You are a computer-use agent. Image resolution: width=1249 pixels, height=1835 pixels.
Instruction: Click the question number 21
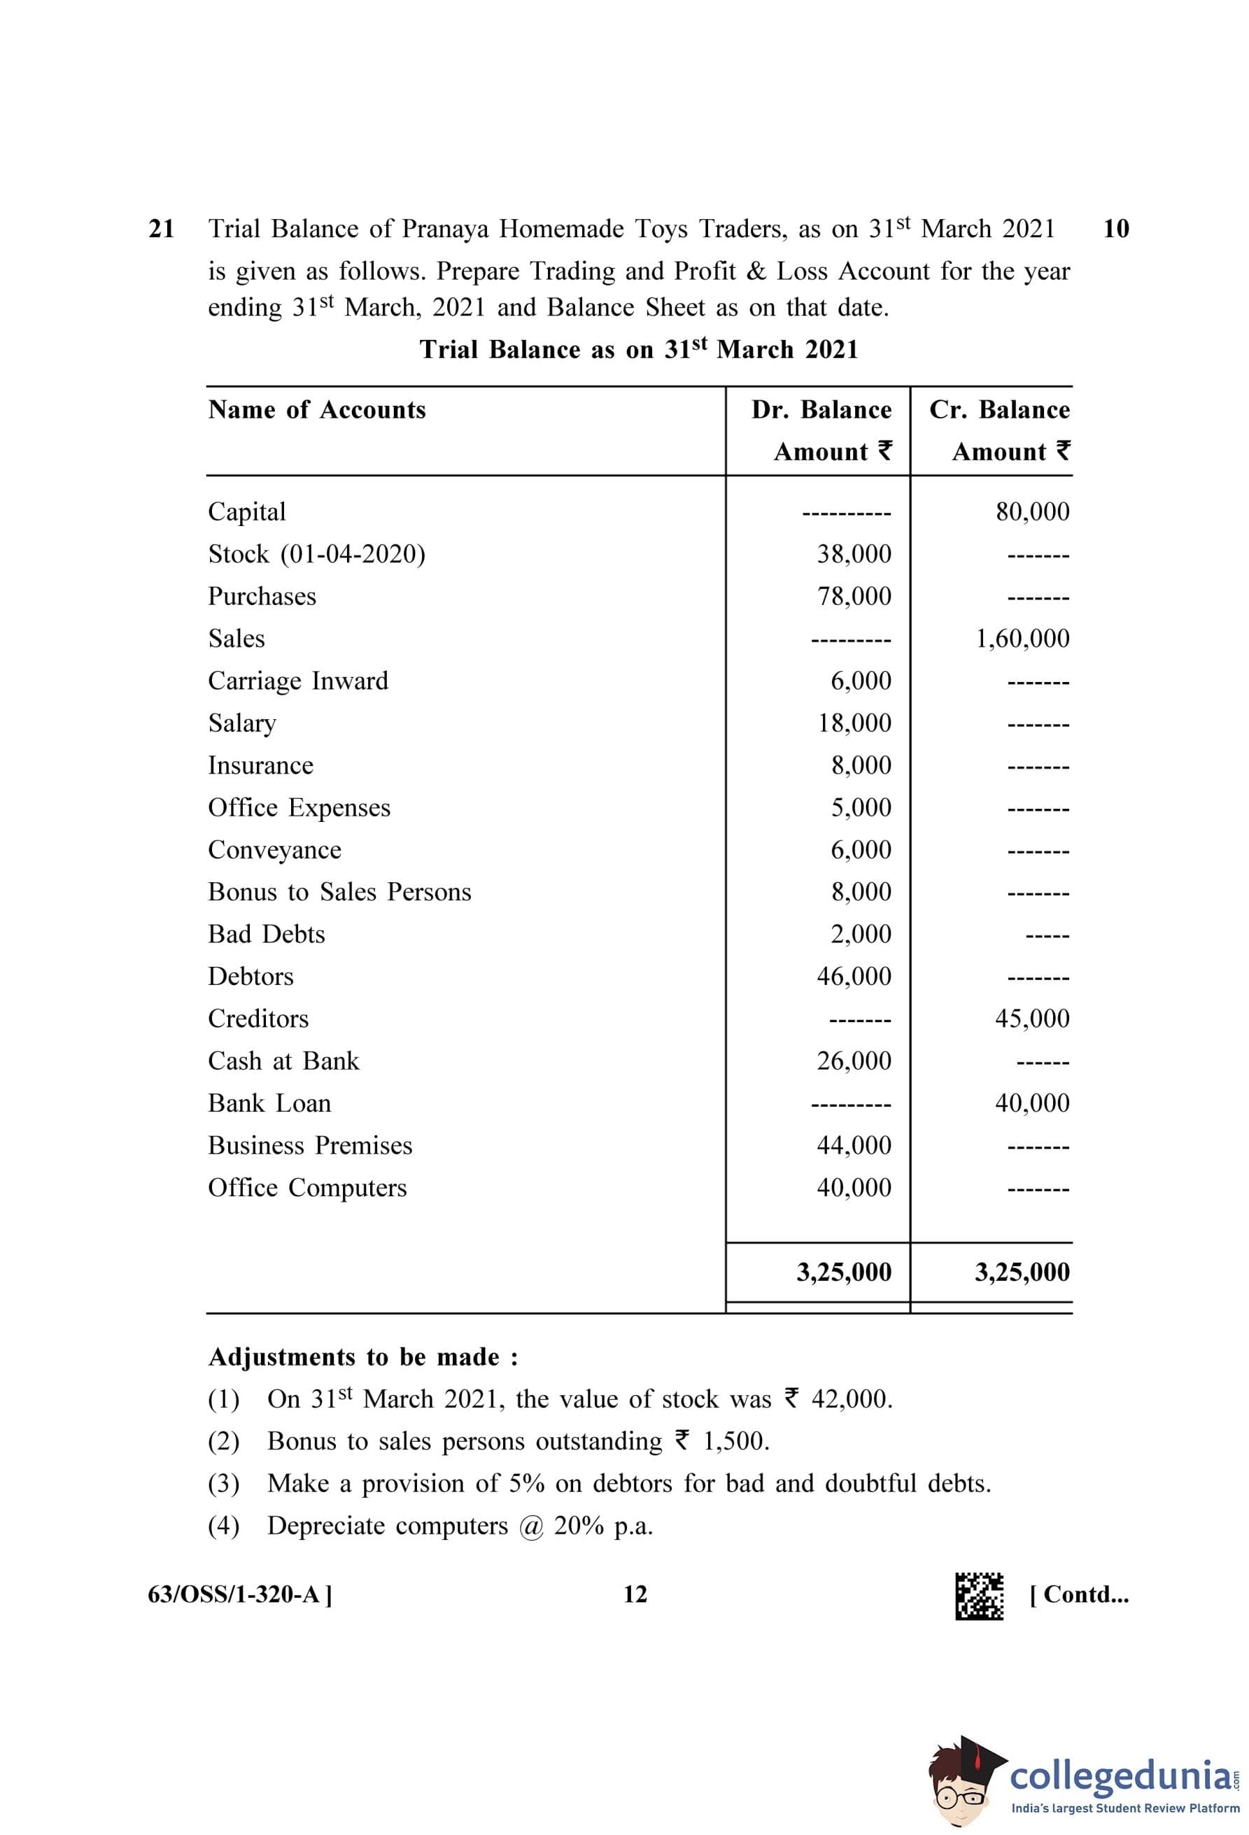point(161,229)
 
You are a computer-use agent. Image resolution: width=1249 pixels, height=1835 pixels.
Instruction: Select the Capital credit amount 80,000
point(1032,511)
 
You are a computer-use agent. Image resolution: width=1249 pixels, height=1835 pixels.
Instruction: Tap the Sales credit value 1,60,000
point(1022,638)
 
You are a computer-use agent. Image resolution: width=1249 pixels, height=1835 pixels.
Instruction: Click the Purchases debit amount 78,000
point(854,596)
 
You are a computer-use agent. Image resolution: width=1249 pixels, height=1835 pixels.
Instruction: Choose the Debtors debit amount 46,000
point(854,976)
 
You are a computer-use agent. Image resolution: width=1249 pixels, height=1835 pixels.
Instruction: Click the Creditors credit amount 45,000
point(1032,1019)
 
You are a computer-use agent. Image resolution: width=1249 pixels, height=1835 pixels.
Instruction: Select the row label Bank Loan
point(269,1103)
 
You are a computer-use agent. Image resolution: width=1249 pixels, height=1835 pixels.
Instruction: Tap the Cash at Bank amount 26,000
point(854,1061)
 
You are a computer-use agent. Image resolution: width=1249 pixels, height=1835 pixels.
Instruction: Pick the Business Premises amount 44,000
point(854,1145)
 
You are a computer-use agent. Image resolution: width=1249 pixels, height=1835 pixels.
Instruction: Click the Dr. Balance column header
point(821,410)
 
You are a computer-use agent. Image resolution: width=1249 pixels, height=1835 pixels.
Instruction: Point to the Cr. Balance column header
point(999,410)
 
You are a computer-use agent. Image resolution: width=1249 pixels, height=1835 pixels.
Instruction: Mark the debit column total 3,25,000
point(843,1272)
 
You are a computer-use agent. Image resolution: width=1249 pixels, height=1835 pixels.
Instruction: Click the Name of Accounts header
point(316,410)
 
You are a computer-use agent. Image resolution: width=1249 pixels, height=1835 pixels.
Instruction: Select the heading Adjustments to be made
point(363,1357)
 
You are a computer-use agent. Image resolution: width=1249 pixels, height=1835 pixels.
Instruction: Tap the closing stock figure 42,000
point(851,1399)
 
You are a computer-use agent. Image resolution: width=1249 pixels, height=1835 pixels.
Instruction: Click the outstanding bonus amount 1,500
point(735,1441)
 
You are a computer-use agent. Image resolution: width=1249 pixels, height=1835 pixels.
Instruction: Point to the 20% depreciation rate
point(579,1526)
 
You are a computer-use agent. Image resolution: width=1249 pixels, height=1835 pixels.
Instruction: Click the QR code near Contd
point(979,1596)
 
